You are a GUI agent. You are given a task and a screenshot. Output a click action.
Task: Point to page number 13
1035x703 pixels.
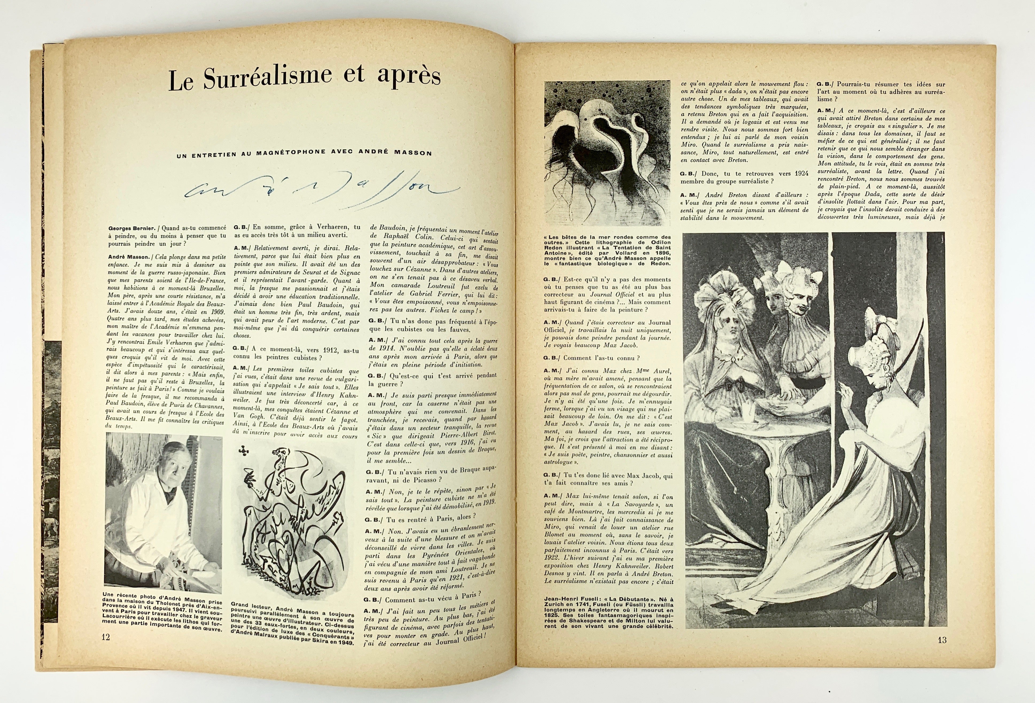[938, 653]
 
